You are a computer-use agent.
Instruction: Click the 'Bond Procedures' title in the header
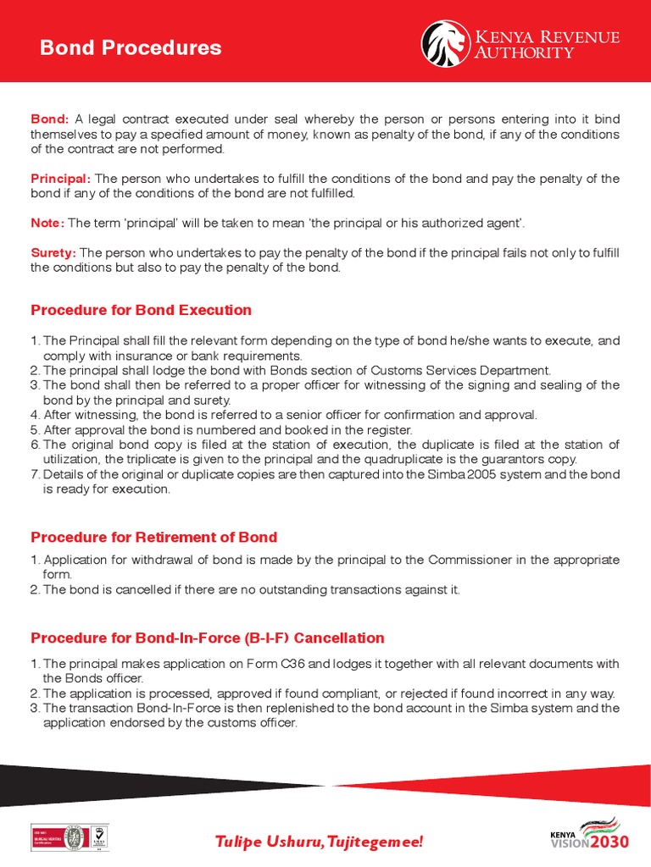tap(131, 47)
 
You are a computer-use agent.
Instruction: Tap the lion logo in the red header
tap(446, 43)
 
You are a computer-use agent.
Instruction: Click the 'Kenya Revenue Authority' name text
tap(546, 45)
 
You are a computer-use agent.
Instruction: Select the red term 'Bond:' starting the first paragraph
tap(50, 119)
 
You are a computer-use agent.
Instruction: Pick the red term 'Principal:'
tap(61, 179)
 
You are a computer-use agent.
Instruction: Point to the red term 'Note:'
tap(47, 223)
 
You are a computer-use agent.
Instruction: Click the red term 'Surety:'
tap(53, 252)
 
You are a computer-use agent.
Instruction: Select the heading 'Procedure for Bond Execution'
tap(141, 310)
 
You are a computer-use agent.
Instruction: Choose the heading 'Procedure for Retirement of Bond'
tap(153, 537)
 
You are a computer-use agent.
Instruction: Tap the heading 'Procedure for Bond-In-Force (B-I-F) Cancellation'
tap(208, 638)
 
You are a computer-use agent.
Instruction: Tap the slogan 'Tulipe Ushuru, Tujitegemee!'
tap(318, 842)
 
